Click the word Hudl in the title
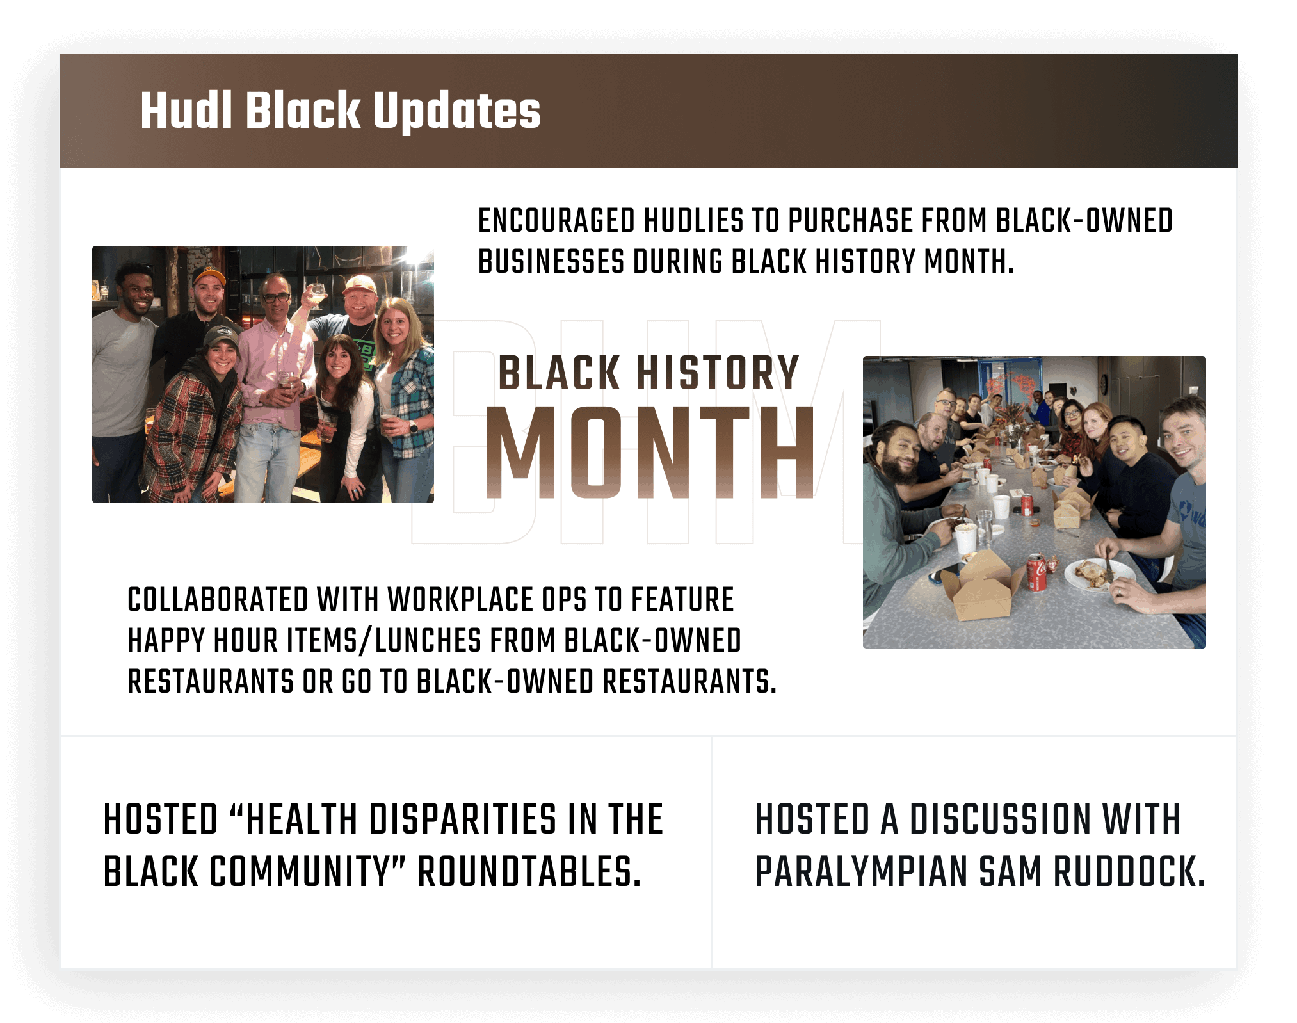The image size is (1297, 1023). tap(186, 110)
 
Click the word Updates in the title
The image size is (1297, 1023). tap(456, 111)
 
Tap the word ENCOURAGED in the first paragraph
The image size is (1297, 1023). tap(556, 221)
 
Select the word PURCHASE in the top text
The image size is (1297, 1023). tap(850, 221)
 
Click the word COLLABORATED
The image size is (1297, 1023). tap(218, 600)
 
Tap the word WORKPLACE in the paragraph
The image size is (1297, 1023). tap(460, 600)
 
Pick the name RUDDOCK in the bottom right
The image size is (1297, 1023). tap(1129, 872)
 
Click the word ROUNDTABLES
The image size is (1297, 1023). tap(529, 872)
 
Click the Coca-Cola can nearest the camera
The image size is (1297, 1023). tap(1036, 572)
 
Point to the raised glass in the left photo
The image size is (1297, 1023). tap(316, 296)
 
